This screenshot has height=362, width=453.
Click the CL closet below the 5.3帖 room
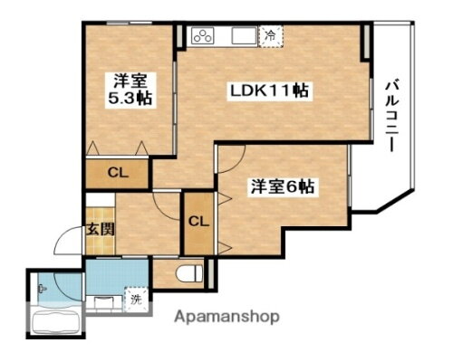click(118, 173)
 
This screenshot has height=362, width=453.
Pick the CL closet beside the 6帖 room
click(198, 222)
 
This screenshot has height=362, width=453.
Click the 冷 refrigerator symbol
click(270, 35)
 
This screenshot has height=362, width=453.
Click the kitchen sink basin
click(243, 36)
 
